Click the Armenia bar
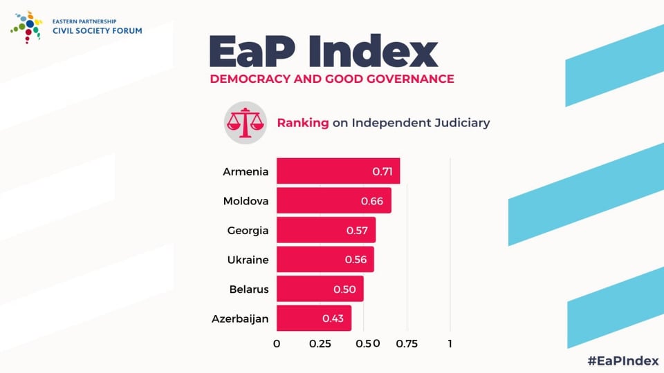(x=338, y=171)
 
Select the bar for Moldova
(x=333, y=200)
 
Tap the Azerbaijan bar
(x=313, y=318)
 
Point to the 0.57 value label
(x=357, y=230)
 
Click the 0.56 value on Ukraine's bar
(x=356, y=260)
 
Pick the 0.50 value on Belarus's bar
(x=344, y=289)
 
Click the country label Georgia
(x=248, y=230)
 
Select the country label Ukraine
(x=248, y=260)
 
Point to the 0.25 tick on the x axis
(x=320, y=344)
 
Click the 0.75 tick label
(x=407, y=344)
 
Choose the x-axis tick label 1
(x=450, y=344)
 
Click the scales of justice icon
(x=245, y=123)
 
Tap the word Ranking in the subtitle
(x=303, y=123)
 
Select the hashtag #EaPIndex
(x=622, y=360)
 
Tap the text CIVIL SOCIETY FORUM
(x=97, y=30)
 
